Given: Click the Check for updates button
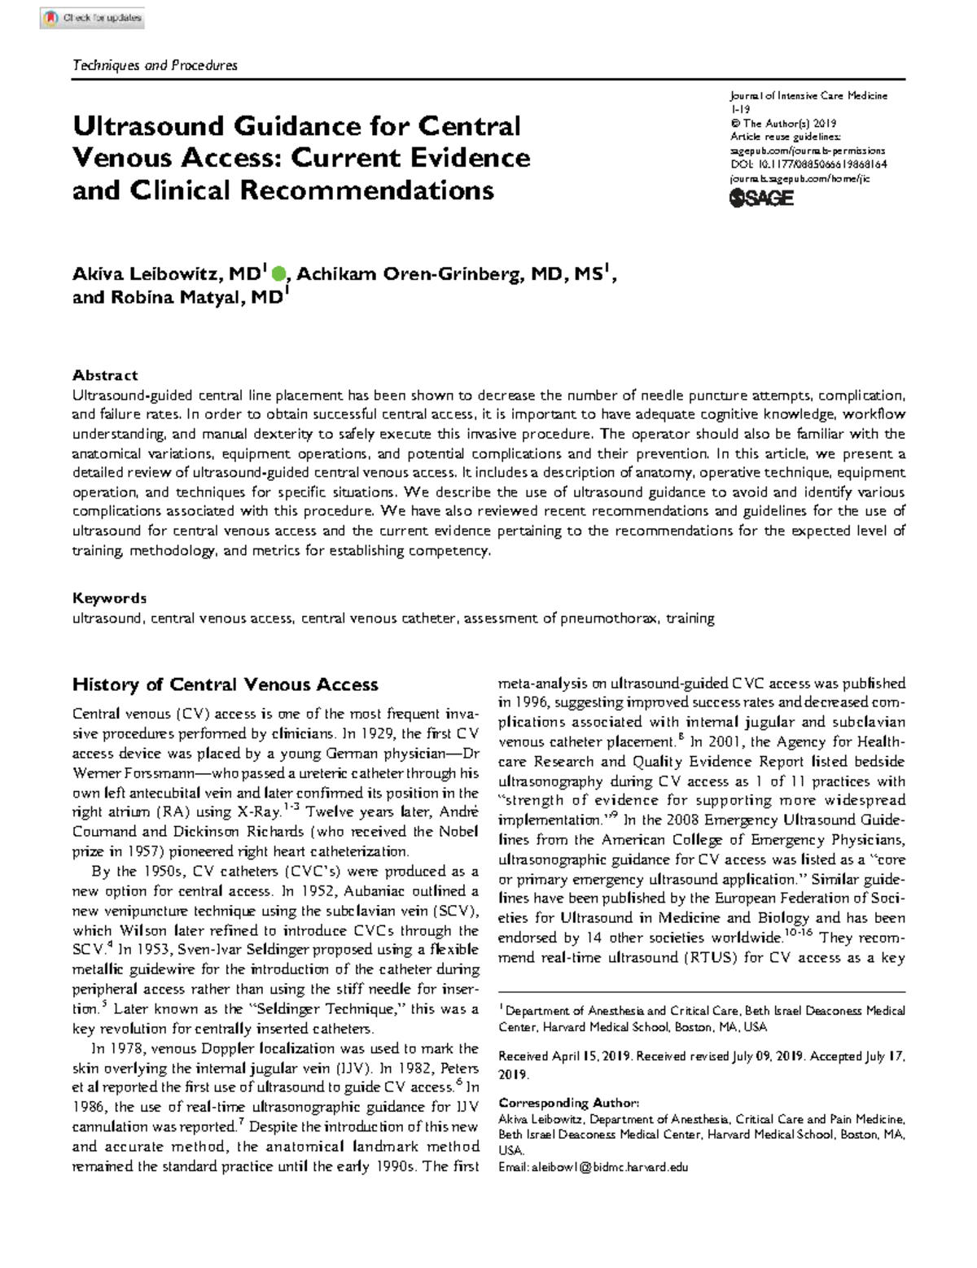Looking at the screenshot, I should pyautogui.click(x=92, y=17).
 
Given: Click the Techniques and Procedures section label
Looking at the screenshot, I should pyautogui.click(x=155, y=65).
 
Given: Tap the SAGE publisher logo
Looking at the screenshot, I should pyautogui.click(x=761, y=198).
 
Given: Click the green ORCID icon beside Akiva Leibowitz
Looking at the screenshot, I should pyautogui.click(x=278, y=274).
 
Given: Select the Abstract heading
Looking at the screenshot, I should pyautogui.click(x=105, y=375).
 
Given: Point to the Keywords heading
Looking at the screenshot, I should pyautogui.click(x=109, y=598).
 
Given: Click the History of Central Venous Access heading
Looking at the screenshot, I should pyautogui.click(x=225, y=684).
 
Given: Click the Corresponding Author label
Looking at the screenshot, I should pyautogui.click(x=569, y=1103).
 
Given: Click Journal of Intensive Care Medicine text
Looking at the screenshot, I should pyautogui.click(x=808, y=96).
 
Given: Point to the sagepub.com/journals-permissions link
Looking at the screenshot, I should pyautogui.click(x=808, y=151).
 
